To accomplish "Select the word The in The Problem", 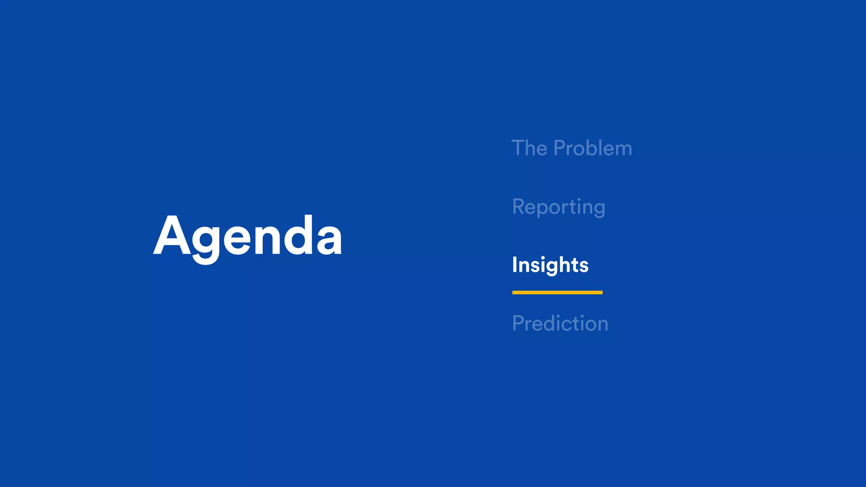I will tap(529, 148).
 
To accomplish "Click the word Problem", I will tap(593, 148).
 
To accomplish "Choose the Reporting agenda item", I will tap(559, 207).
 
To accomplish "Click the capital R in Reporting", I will tap(519, 207).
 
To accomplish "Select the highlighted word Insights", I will tap(550, 265).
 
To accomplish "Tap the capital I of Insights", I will tap(515, 265).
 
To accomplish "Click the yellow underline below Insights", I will tap(557, 292).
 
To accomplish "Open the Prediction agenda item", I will tap(560, 323).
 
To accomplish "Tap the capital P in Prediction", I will tap(519, 323).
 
